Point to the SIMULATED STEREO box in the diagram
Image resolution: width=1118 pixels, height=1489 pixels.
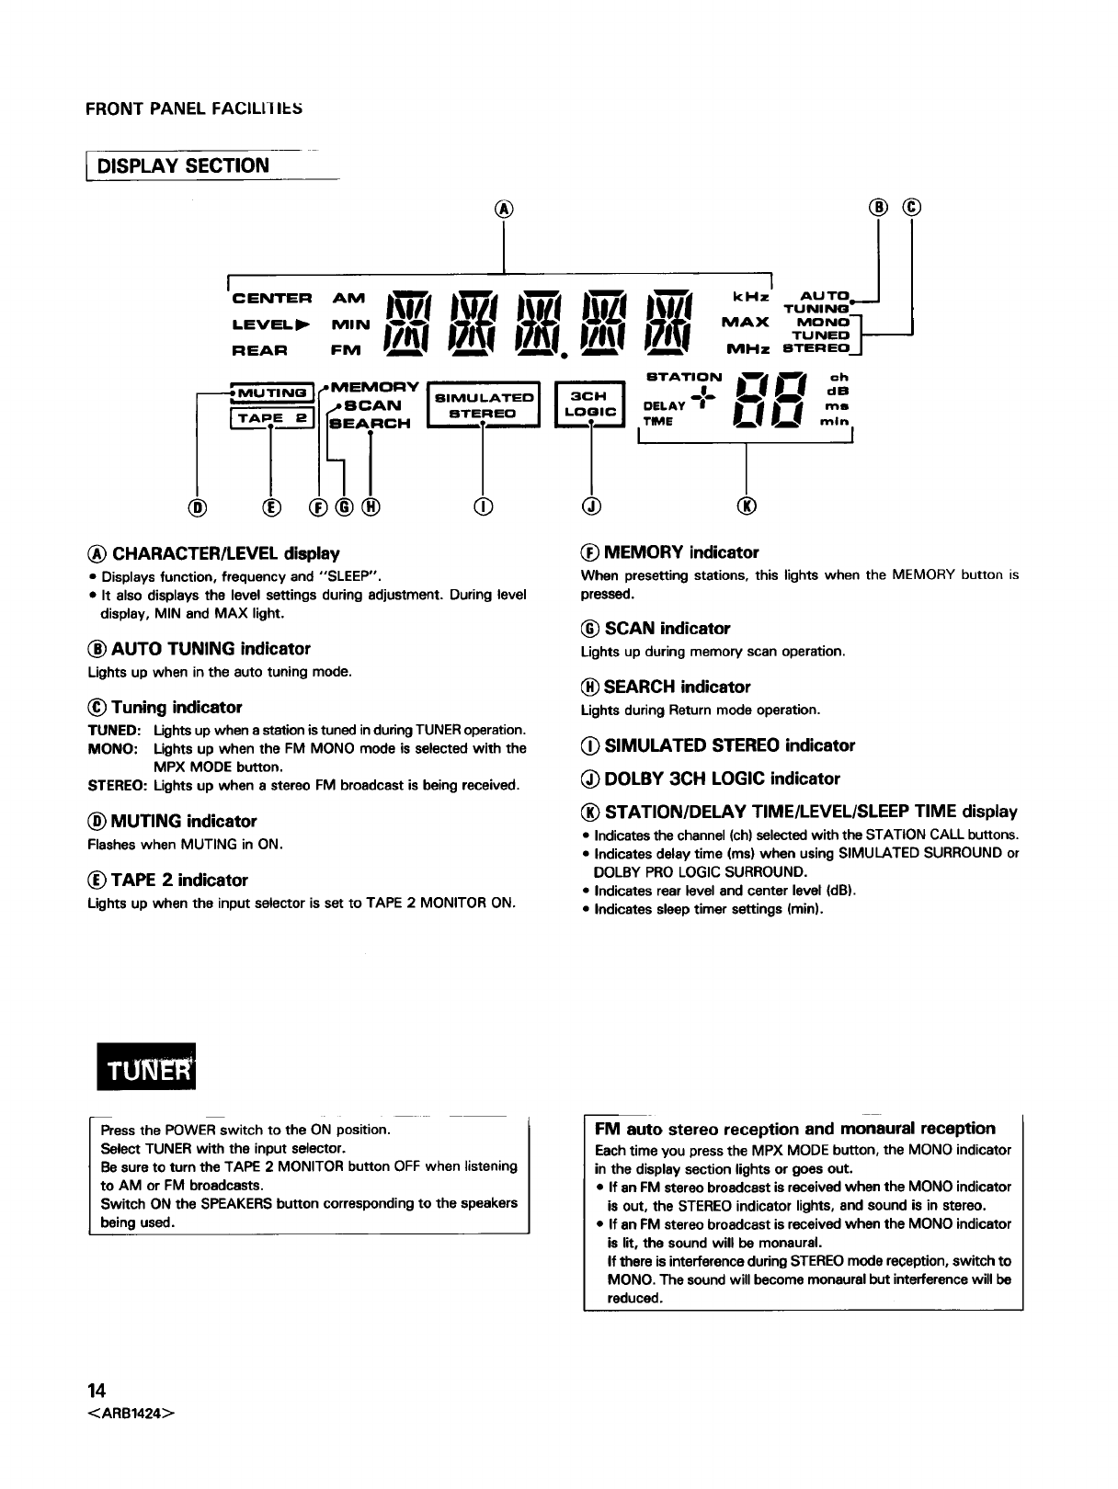485,405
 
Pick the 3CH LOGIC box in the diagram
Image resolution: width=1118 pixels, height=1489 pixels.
589,405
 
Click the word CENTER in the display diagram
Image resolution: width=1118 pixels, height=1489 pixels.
272,298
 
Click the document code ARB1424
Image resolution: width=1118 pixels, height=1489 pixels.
130,1413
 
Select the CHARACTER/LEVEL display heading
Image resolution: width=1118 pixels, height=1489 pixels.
213,553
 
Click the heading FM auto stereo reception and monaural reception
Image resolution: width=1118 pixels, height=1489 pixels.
795,1128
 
